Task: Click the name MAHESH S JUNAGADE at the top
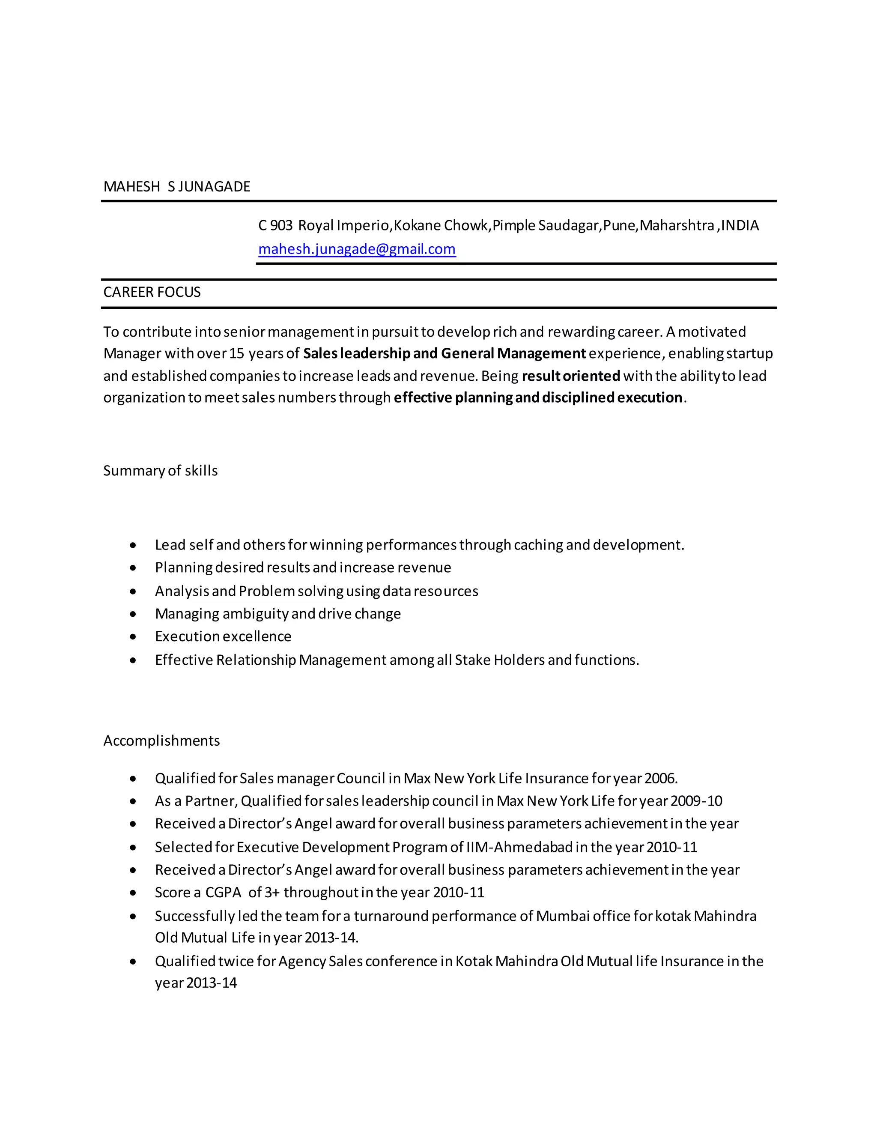pos(177,187)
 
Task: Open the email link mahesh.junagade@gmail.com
pos(357,249)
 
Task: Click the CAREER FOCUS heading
pos(152,292)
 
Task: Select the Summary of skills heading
pos(160,471)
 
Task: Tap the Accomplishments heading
pos(161,741)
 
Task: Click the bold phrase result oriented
pos(570,376)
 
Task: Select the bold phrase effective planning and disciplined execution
pos(538,397)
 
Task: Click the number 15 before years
pos(236,353)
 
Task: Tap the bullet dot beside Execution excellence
pos(134,636)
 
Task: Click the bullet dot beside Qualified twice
pos(134,962)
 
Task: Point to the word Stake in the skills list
pos(472,660)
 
